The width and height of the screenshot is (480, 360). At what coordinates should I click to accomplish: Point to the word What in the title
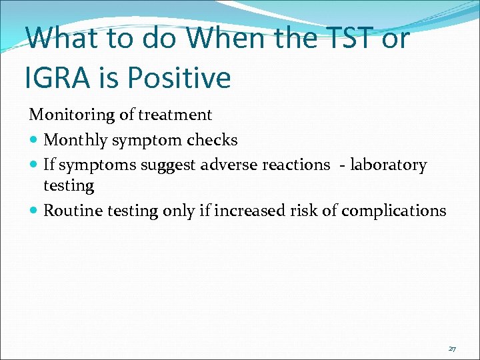(x=65, y=38)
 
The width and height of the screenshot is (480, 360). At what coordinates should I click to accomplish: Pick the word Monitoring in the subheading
(x=72, y=115)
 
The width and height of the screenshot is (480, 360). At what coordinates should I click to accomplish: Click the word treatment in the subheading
(x=175, y=115)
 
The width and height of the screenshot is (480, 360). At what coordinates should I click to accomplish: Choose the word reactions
(x=296, y=165)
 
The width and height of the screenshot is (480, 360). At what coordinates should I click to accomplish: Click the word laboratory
(x=389, y=165)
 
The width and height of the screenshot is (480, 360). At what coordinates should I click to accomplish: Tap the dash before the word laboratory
(x=341, y=165)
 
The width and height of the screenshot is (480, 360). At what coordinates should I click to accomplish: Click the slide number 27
(x=452, y=349)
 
